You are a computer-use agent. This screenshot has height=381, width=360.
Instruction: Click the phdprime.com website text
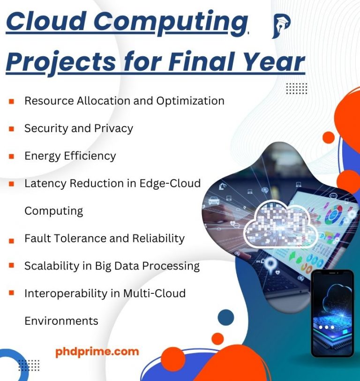pyautogui.click(x=97, y=351)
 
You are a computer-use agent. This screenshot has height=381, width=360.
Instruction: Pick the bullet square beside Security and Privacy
pyautogui.click(x=11, y=128)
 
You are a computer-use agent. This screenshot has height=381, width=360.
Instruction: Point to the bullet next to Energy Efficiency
pyautogui.click(x=11, y=156)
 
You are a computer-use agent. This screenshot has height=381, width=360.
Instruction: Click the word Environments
pyautogui.click(x=61, y=321)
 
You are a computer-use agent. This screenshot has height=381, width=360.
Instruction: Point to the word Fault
pyautogui.click(x=37, y=238)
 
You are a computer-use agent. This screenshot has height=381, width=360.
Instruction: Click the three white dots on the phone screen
pyautogui.click(x=326, y=327)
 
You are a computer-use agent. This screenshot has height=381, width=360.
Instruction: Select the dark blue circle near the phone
pyautogui.click(x=226, y=317)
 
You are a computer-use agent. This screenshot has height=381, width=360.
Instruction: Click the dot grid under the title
pyautogui.click(x=296, y=88)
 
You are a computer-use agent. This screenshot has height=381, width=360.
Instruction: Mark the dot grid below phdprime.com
pyautogui.click(x=29, y=365)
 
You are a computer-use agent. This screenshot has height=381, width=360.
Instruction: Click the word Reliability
pyautogui.click(x=160, y=238)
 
